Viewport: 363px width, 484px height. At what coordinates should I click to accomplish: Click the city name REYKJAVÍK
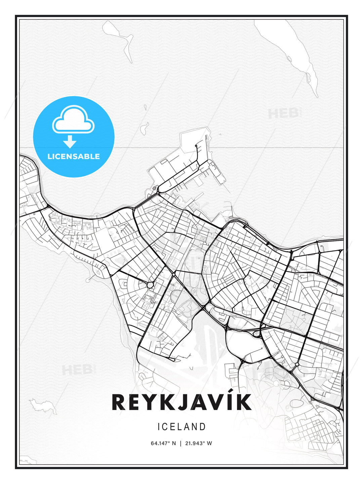pos(182,402)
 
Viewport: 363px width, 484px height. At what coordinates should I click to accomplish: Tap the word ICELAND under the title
pos(182,427)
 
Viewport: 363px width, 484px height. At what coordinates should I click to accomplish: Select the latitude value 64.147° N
pos(163,443)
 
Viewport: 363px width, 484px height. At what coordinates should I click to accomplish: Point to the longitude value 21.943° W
pos(199,443)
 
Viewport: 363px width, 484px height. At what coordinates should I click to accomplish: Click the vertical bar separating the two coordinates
pos(181,443)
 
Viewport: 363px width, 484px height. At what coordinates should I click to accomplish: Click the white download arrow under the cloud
pos(70,142)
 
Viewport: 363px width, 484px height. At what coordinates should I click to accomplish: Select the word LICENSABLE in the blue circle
pos(74,157)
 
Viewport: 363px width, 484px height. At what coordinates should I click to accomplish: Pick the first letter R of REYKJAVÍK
pos(119,402)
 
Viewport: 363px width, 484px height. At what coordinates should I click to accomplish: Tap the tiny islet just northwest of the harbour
pos(145,127)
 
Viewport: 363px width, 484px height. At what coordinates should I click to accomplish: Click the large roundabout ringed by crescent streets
pos(150,285)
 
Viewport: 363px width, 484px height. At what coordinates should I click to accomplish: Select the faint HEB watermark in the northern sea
pos(284,114)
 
